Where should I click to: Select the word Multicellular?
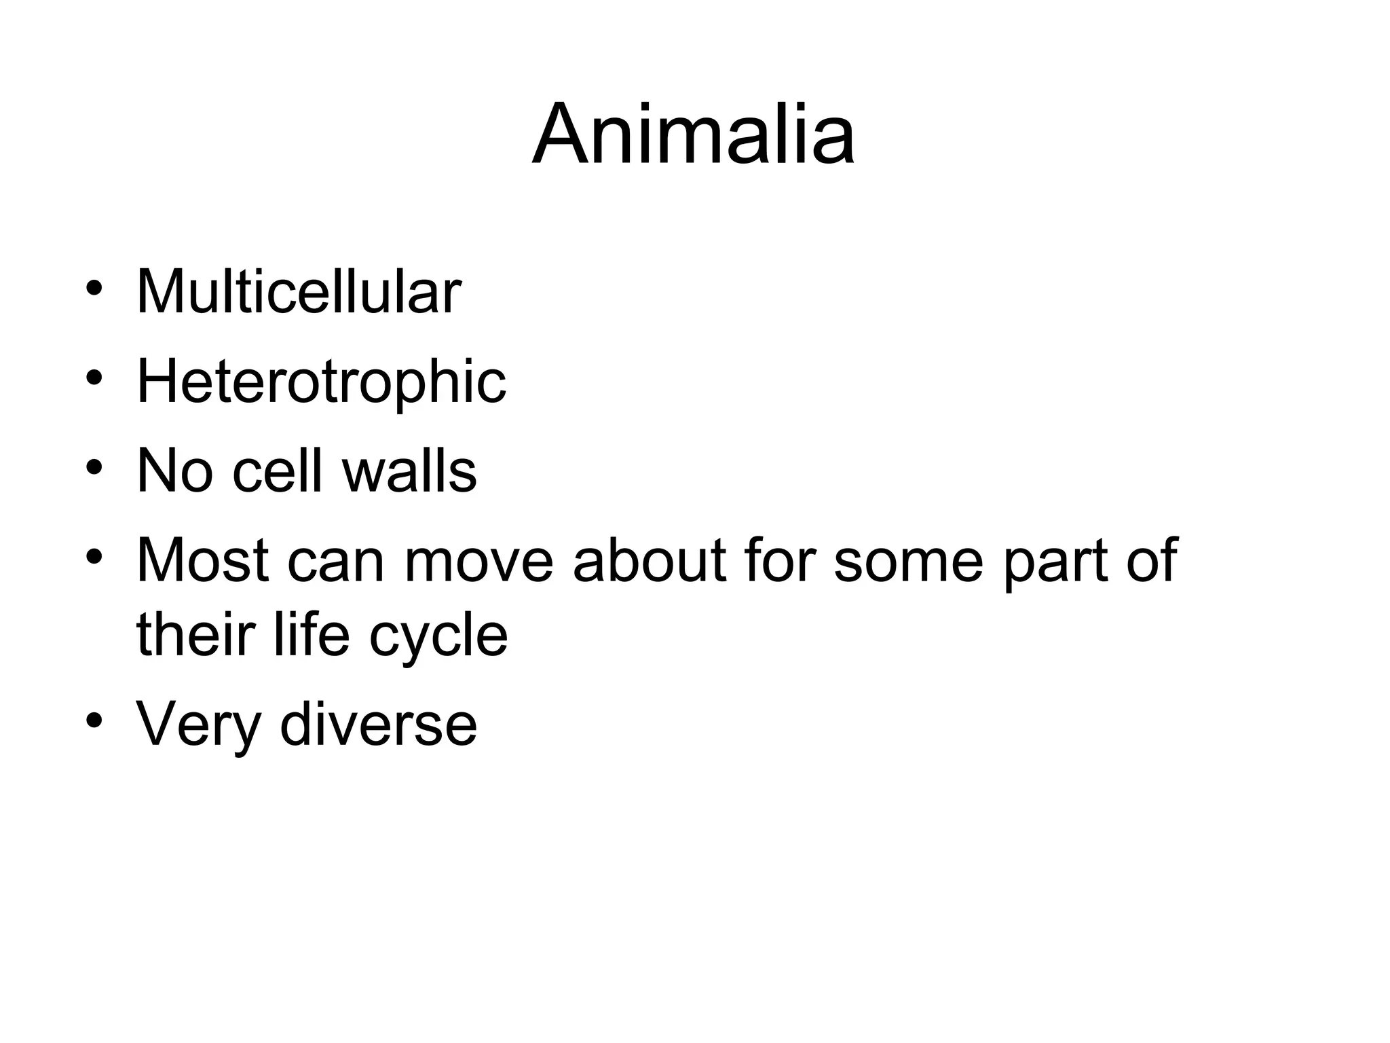click(x=299, y=292)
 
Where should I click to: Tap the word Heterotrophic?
click(x=321, y=382)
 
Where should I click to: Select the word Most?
click(x=202, y=561)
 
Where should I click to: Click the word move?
click(x=478, y=561)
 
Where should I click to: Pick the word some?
click(x=907, y=561)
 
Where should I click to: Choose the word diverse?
click(x=378, y=724)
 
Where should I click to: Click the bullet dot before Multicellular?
click(x=94, y=289)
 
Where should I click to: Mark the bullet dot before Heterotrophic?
click(x=94, y=378)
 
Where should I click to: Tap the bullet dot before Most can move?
click(x=94, y=557)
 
